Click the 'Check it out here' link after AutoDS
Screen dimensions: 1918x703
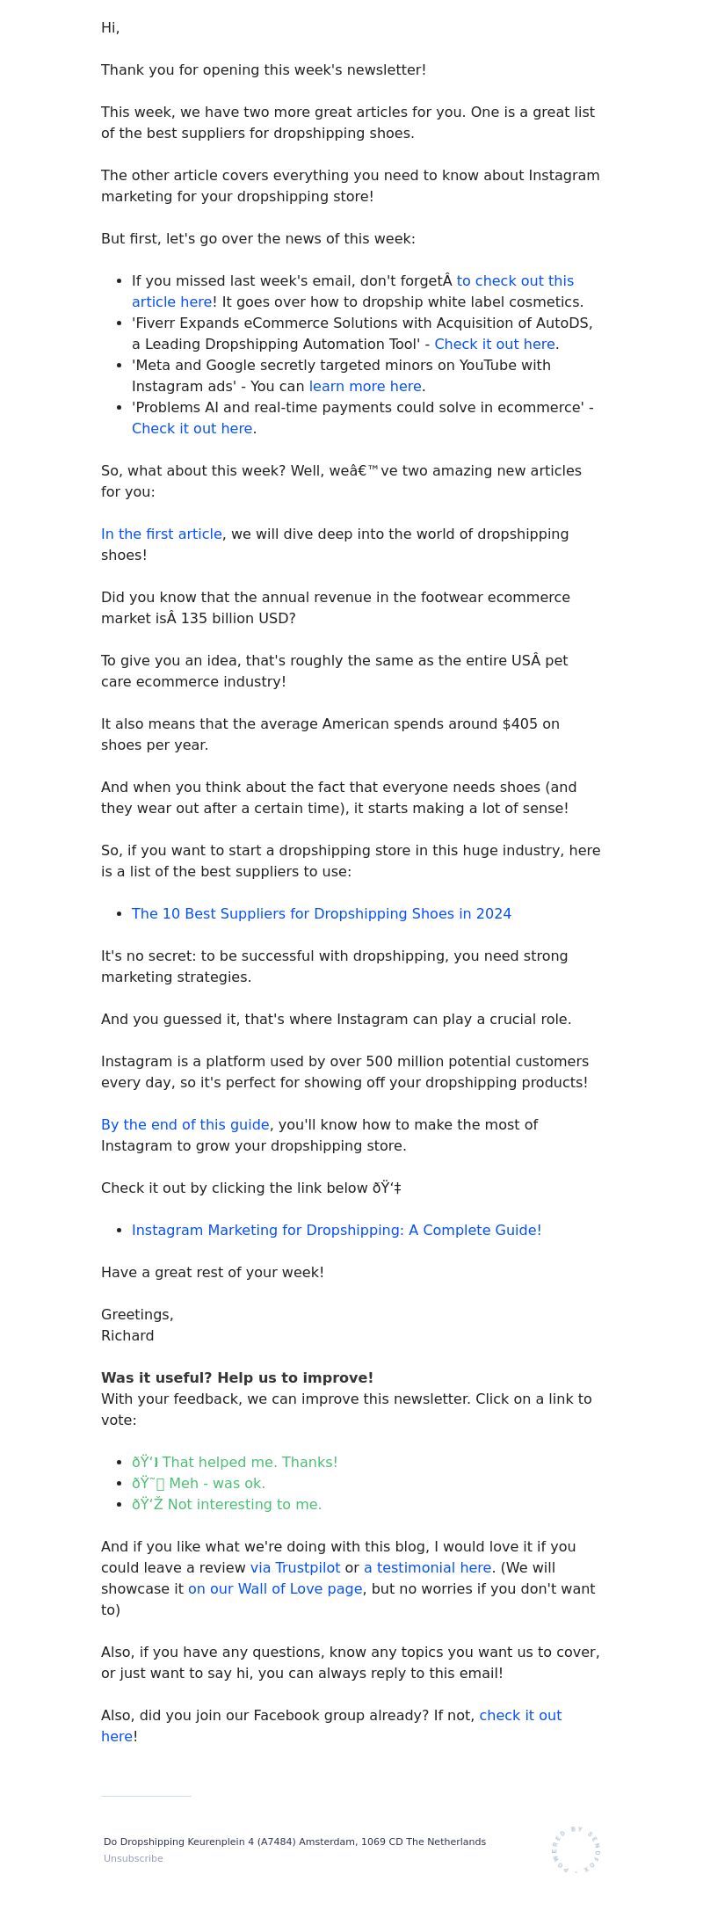point(494,344)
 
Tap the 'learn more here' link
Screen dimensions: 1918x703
point(365,386)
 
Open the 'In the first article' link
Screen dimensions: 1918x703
point(162,534)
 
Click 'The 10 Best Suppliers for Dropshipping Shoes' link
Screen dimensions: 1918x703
point(321,913)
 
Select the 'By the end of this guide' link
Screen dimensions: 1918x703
point(185,1124)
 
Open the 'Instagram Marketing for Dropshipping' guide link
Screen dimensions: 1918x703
point(337,1230)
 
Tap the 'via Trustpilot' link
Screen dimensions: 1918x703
point(294,1567)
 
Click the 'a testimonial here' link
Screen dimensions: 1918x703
point(427,1567)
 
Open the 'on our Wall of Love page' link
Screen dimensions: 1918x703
point(275,1588)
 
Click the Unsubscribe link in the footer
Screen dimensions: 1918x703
point(133,1858)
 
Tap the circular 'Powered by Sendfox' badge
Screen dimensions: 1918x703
point(576,1849)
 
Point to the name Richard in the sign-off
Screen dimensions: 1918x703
point(127,1335)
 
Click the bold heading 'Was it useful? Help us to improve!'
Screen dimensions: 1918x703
point(237,1377)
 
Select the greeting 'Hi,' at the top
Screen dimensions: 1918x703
point(110,27)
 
